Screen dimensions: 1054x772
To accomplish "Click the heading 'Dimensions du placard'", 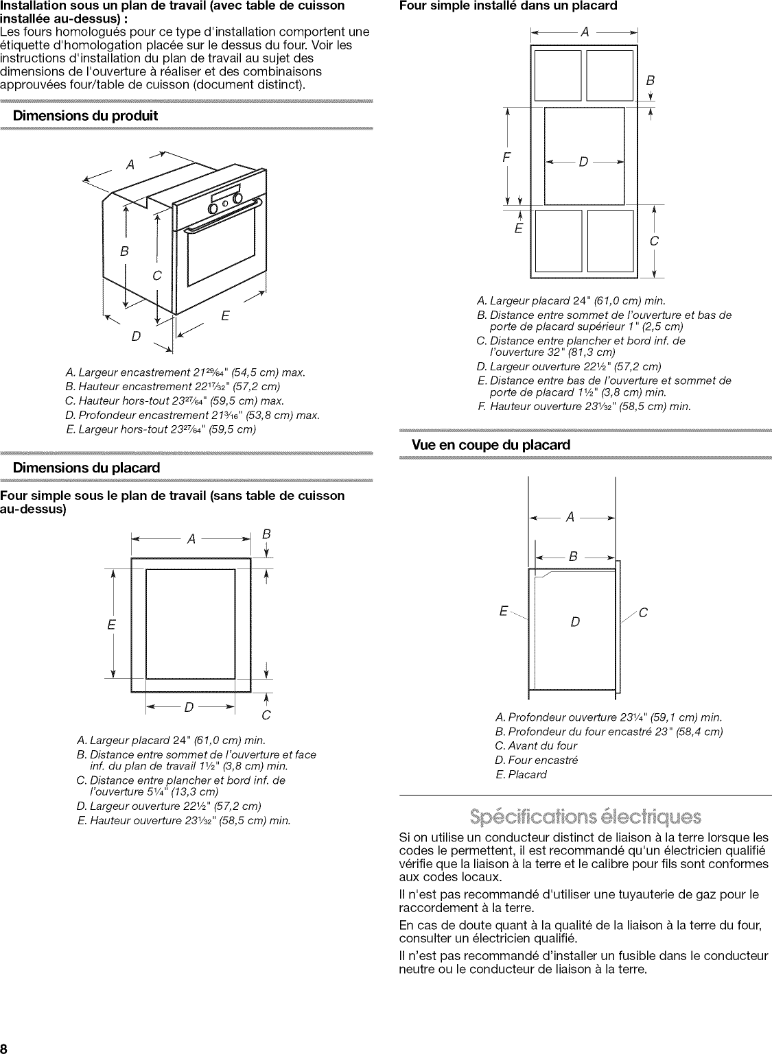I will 86,468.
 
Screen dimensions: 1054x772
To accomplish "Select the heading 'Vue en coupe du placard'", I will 491,445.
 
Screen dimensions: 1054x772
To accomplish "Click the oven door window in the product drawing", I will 222,252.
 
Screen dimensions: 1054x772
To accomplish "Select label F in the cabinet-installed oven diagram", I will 506,156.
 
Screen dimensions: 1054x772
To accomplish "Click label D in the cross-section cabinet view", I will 575,622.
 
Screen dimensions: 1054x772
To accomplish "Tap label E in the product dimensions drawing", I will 224,316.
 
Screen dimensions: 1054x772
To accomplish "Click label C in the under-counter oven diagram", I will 266,715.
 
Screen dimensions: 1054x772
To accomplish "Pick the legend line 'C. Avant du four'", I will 536,745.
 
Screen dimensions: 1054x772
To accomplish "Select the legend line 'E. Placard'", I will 521,774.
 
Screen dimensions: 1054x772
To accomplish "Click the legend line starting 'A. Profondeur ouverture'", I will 608,717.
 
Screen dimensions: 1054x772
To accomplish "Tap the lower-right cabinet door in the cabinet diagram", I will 610,241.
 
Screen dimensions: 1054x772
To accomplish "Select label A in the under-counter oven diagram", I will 191,540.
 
